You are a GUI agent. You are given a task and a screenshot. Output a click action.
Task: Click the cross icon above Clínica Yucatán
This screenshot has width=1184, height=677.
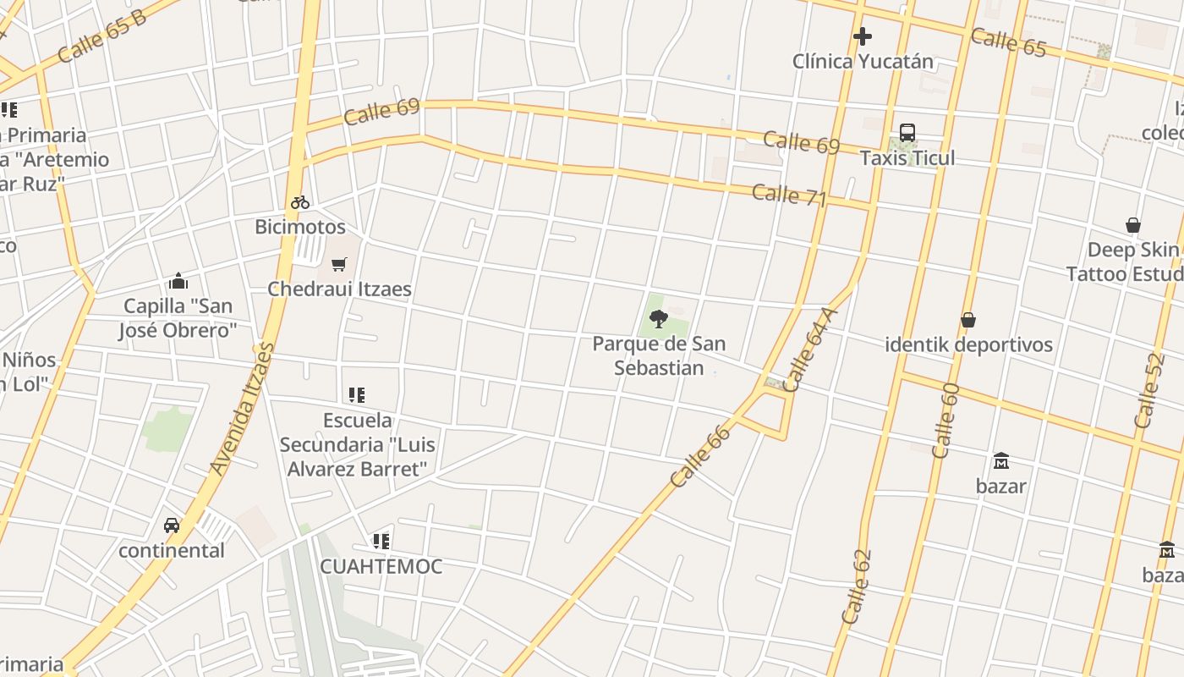tap(862, 36)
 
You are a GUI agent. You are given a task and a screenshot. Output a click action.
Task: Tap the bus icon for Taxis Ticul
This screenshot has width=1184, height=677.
tap(907, 133)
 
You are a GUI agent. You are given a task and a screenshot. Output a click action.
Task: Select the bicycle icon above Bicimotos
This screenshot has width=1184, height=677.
tap(300, 202)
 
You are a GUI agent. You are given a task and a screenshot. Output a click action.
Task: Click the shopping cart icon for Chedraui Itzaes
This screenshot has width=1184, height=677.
tap(339, 264)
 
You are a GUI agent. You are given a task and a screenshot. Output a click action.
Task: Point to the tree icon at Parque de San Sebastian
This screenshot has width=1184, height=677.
tap(659, 319)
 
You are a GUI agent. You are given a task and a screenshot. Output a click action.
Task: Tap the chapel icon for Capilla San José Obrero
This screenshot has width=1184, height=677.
tap(178, 281)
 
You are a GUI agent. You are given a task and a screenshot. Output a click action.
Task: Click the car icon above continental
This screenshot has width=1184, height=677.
tap(172, 526)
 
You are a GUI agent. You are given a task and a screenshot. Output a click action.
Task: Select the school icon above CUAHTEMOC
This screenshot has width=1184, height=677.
tap(381, 541)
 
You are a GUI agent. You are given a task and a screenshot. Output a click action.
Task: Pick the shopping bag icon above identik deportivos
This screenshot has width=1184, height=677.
tap(968, 320)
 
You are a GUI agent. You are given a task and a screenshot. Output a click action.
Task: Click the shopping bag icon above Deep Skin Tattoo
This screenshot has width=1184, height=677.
tap(1133, 225)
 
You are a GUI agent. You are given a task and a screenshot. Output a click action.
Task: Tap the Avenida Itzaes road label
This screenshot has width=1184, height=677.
tap(243, 409)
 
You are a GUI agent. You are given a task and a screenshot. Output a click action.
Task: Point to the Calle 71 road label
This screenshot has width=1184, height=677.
tap(788, 195)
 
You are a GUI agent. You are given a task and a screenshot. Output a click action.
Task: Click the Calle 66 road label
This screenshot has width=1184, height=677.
tap(699, 457)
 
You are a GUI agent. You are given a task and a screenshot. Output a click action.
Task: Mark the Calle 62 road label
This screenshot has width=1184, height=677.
tap(856, 587)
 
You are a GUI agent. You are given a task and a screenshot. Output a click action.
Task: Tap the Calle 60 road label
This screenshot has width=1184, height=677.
tap(945, 421)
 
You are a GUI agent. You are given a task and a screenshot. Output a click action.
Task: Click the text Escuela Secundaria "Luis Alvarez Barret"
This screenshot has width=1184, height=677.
tap(358, 444)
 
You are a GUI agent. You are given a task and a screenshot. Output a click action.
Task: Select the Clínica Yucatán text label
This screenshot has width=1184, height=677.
tap(863, 61)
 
